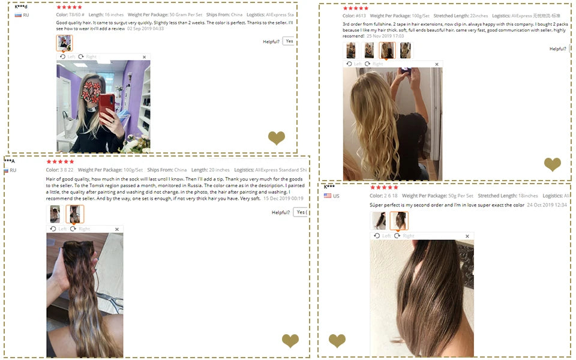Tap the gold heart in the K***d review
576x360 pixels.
(x=277, y=139)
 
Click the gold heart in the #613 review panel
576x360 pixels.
(x=552, y=164)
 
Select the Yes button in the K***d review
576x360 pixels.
(x=289, y=41)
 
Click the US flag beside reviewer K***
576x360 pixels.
(x=328, y=196)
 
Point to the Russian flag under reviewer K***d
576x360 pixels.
(x=18, y=15)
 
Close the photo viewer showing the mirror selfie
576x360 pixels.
(x=144, y=57)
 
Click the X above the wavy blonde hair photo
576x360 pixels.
(x=436, y=64)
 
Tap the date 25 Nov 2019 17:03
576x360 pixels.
(x=385, y=36)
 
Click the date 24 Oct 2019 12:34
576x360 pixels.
(x=547, y=205)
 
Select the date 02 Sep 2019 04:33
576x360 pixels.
(x=145, y=28)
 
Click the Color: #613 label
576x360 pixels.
(x=354, y=16)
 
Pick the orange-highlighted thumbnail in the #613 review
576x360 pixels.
(x=387, y=50)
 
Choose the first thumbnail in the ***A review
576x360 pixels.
(x=55, y=214)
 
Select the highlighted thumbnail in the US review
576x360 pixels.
(x=398, y=221)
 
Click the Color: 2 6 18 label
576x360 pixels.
(x=383, y=196)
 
